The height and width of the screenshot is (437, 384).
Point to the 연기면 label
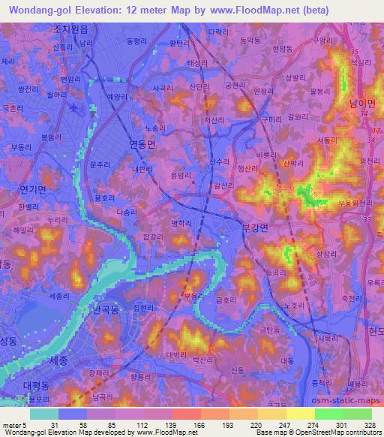[33, 188]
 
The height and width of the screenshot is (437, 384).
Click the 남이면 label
[361, 103]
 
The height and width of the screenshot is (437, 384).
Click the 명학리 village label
[184, 222]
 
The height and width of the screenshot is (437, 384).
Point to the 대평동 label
[34, 384]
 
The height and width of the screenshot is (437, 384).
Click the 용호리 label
[104, 198]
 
